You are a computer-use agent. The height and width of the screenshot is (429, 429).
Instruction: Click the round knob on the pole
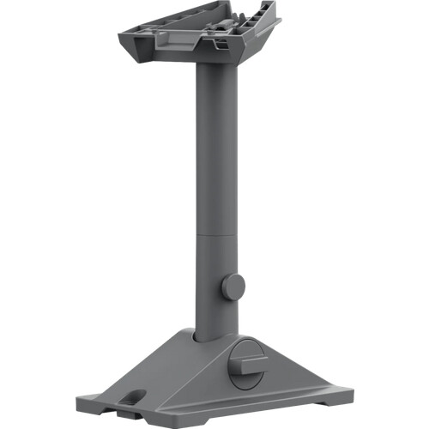click(x=233, y=286)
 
